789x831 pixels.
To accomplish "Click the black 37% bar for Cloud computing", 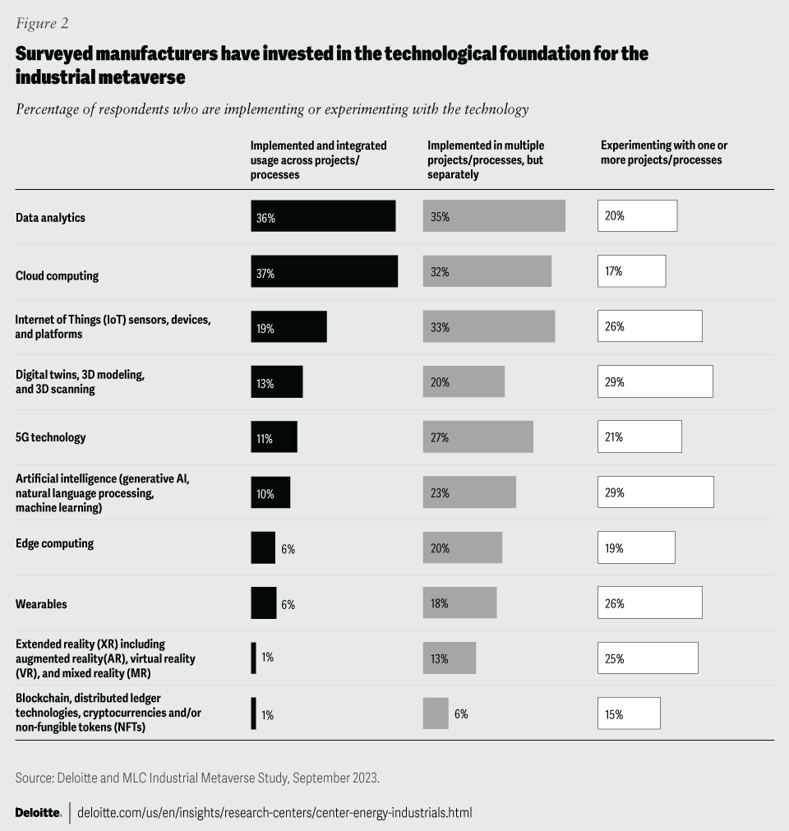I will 324,271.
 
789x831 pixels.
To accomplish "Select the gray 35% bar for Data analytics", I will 494,215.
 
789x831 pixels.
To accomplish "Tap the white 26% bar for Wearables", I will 649,602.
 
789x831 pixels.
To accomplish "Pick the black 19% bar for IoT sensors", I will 288,326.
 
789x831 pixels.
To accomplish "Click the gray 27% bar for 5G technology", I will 478,436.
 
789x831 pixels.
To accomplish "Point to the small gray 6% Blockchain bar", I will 436,713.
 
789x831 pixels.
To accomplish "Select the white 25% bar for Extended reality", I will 648,658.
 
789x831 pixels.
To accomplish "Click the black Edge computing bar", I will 263,547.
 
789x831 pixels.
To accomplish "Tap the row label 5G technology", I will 50,437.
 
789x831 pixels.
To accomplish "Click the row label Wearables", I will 41,604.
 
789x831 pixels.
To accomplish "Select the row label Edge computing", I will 54,543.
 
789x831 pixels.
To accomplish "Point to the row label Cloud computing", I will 57,276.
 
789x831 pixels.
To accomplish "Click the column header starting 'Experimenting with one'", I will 664,152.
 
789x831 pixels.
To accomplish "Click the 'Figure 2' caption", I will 42,23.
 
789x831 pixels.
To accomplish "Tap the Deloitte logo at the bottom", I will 38,812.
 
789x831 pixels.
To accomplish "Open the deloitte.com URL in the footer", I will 275,812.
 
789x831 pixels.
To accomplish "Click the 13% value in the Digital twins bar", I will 265,383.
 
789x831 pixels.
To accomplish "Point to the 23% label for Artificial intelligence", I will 439,493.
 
